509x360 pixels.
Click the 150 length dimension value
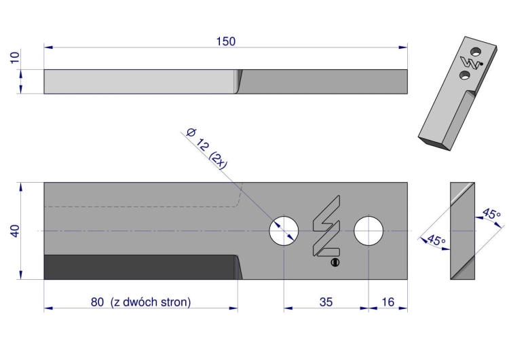226,41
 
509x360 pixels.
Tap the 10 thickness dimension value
15,58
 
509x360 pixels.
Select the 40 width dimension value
15,231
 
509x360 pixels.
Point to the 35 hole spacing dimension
326,302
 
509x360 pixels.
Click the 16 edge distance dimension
388,302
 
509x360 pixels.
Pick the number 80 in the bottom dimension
97,302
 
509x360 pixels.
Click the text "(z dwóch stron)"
151,302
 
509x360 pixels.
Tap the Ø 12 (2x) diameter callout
206,149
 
